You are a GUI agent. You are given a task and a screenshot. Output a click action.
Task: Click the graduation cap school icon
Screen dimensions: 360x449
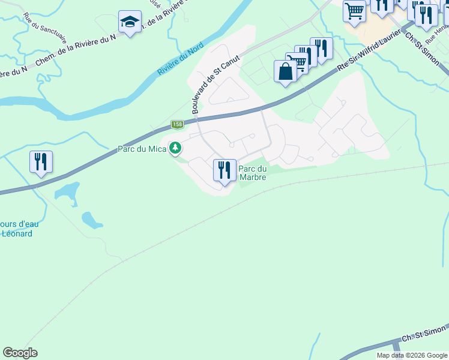coord(130,22)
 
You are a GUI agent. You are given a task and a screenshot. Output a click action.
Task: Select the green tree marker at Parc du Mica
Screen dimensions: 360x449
coord(175,148)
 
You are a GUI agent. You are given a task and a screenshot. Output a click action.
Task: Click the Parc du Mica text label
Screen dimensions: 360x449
coord(141,149)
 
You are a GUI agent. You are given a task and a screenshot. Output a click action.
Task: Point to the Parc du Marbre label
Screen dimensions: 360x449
coord(253,173)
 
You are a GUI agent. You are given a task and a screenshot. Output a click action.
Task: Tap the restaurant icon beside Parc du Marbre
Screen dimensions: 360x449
coord(224,170)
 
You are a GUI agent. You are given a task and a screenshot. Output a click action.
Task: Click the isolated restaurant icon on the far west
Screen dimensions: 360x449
coord(41,161)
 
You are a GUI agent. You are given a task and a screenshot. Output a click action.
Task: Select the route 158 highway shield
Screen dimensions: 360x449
coord(176,125)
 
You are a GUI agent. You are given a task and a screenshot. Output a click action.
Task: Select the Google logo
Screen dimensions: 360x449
coord(20,353)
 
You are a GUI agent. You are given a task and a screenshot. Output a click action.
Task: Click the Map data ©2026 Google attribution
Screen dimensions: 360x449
coord(412,355)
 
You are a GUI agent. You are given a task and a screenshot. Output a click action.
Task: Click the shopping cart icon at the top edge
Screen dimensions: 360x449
coord(354,10)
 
